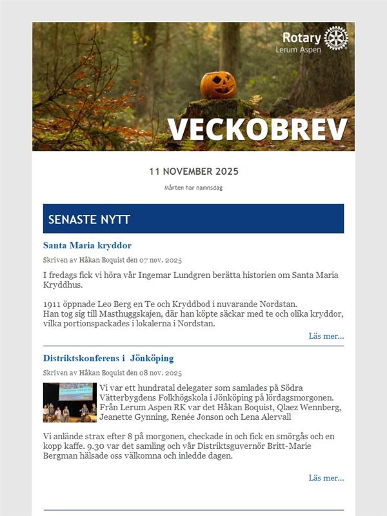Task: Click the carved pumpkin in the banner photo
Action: tap(218, 84)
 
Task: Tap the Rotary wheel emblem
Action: tap(336, 38)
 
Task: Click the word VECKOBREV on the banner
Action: tap(258, 130)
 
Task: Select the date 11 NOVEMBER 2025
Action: tap(193, 172)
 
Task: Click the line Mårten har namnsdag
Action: tap(193, 188)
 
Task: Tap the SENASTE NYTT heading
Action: tap(89, 220)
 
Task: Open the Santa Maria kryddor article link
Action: tap(87, 246)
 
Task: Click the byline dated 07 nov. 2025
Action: tap(112, 261)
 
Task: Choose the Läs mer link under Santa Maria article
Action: tap(326, 336)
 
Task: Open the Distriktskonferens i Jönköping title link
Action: tap(108, 358)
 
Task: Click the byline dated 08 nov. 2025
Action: tap(112, 373)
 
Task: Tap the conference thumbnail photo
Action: tap(70, 402)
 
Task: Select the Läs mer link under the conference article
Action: tap(326, 478)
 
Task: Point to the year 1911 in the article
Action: tap(53, 304)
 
